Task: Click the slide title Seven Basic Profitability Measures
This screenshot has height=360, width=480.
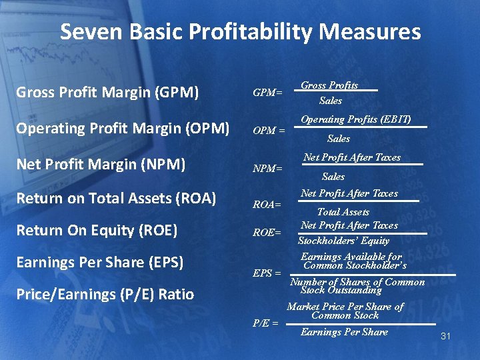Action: coord(240,32)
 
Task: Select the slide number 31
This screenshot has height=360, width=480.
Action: coord(445,337)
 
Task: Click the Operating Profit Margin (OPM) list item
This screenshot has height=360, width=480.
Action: coord(122,127)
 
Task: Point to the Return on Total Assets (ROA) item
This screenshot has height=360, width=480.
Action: coord(115,197)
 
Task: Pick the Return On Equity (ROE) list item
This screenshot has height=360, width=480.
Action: coord(96,231)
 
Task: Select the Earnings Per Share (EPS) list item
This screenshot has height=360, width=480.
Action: coord(99,263)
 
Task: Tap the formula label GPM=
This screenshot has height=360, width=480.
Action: coord(267,93)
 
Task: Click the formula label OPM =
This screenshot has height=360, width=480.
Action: coord(269,131)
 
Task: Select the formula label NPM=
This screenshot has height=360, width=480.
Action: coord(267,169)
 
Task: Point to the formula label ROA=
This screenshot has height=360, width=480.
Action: coord(267,205)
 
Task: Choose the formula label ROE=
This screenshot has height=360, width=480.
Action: coord(267,233)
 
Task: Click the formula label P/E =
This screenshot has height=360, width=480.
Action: coord(265,323)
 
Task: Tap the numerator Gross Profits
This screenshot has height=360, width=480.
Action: coord(329,85)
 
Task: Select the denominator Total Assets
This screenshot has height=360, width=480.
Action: coord(343,212)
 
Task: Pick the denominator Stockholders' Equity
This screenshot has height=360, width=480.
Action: coord(343,241)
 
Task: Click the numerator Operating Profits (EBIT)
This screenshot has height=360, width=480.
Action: coord(355,120)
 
